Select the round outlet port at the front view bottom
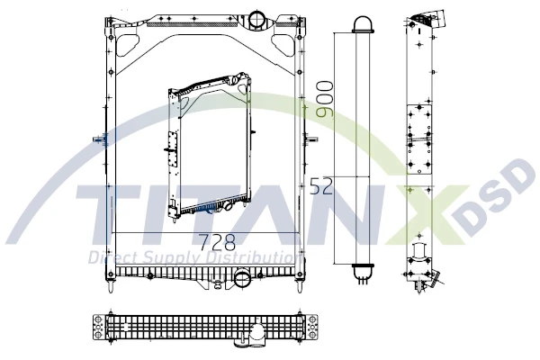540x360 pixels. [x=242, y=280]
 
